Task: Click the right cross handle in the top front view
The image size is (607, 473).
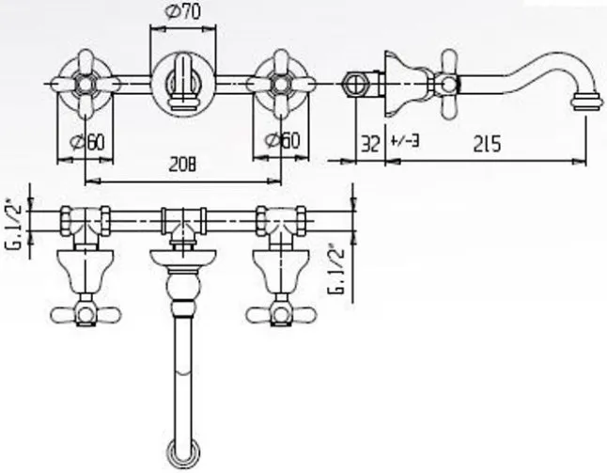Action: (280, 82)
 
